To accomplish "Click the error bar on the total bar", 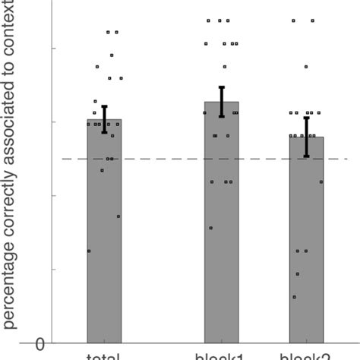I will click(104, 119).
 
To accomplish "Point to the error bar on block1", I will click(222, 102).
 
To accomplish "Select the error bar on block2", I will click(307, 137).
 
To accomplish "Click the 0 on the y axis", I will click(39, 343).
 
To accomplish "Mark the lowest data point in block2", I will click(295, 297).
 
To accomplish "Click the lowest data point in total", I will click(89, 251).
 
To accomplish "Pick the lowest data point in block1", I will click(210, 228).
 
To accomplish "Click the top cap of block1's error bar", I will click(222, 87).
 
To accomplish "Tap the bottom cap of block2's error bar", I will click(307, 156).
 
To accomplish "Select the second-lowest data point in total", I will click(118, 216).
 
